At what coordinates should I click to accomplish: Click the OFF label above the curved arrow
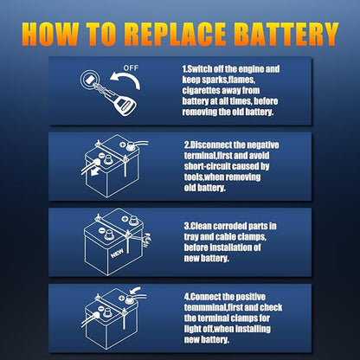click(x=132, y=67)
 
